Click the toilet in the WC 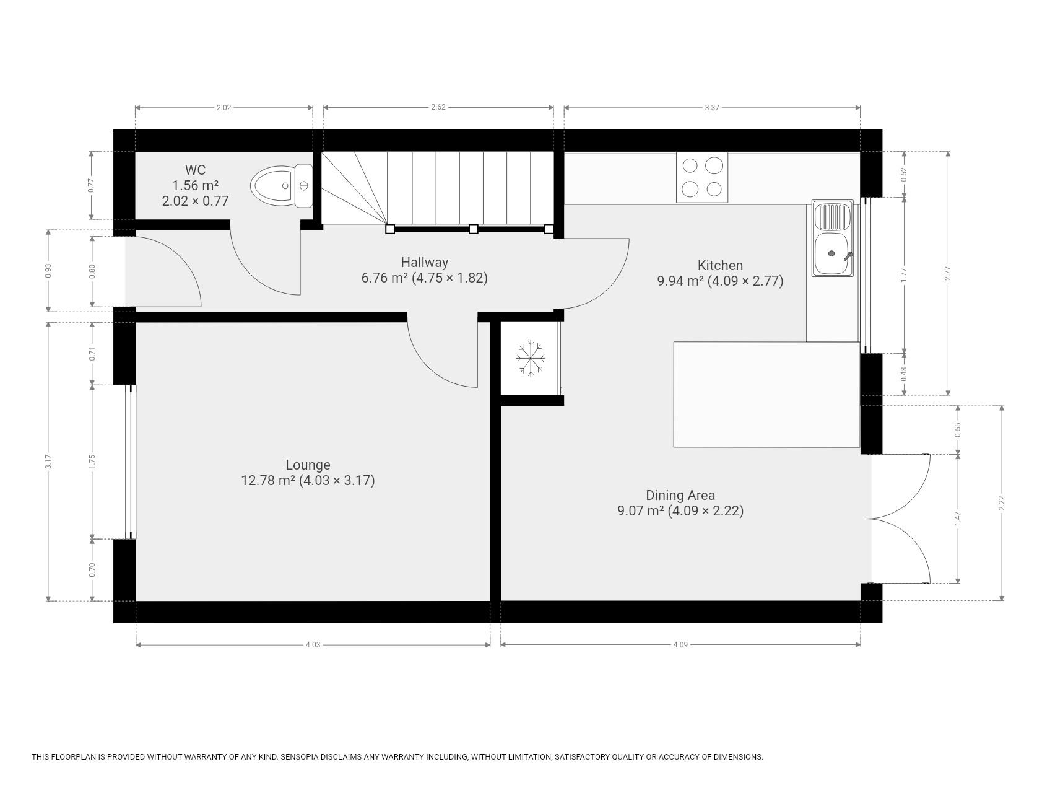pos(282,185)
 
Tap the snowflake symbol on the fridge pos(531,357)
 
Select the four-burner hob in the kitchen pos(702,177)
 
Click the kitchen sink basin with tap pos(833,253)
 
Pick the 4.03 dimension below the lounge pos(313,645)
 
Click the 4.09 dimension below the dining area pos(680,645)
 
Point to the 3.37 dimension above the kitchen pos(712,107)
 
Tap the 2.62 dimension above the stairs pos(438,107)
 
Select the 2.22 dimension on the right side pos(1002,504)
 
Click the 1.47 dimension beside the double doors pos(958,519)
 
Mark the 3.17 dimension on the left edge pos(48,462)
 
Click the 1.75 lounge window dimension pos(92,462)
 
